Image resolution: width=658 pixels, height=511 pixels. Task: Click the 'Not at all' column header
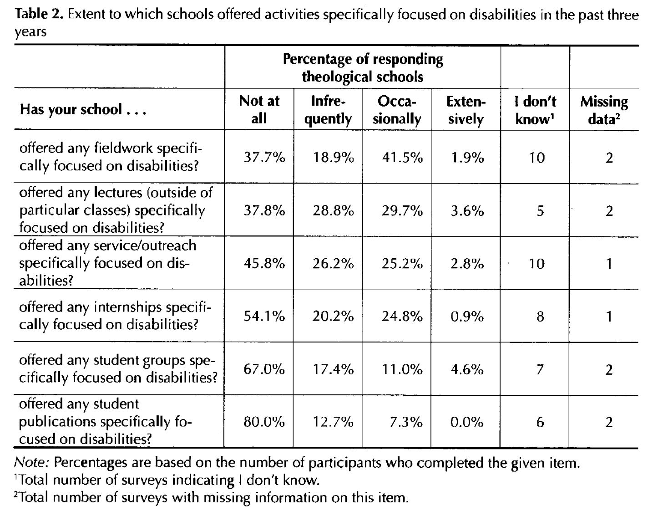(259, 110)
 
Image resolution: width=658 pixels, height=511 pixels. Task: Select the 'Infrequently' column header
(328, 110)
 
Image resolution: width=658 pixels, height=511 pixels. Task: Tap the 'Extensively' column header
(466, 110)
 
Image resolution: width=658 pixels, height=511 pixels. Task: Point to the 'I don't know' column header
(535, 110)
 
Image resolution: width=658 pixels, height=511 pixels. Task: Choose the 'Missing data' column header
(604, 110)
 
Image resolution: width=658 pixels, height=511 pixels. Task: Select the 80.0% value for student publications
(264, 422)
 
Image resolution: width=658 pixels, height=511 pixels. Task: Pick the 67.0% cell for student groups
(264, 369)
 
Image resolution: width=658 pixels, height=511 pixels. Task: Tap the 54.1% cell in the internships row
(264, 316)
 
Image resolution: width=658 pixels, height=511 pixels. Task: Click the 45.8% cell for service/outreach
(264, 263)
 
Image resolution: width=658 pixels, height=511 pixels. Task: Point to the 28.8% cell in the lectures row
(333, 210)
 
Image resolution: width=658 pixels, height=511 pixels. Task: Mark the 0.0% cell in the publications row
(467, 422)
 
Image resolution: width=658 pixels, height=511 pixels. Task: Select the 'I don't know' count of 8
(540, 316)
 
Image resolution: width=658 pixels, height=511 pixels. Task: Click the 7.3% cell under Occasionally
(406, 422)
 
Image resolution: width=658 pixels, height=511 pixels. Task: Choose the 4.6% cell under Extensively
(467, 369)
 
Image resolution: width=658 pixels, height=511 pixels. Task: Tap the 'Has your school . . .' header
(82, 110)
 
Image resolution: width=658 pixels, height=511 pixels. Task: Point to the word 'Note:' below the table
(32, 463)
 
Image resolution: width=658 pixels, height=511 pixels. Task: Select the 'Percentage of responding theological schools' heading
(363, 68)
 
